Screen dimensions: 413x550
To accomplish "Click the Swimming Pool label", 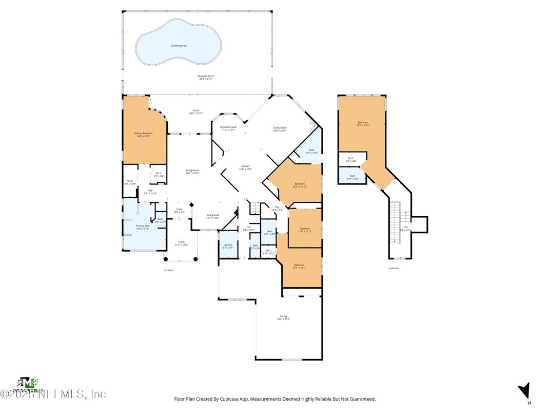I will click(x=179, y=46).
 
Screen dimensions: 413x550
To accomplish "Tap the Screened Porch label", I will click(x=205, y=77).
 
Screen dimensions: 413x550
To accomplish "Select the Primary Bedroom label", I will click(x=144, y=134).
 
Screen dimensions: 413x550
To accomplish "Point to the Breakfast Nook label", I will click(x=228, y=127).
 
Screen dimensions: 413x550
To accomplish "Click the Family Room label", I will click(x=280, y=128).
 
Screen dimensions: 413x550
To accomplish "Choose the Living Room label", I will click(x=192, y=172).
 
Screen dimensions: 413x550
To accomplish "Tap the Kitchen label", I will click(x=245, y=167).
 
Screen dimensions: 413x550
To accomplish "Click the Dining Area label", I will click(x=213, y=216).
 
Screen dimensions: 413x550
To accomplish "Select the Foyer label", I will click(x=180, y=210).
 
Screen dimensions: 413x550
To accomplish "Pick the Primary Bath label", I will click(x=143, y=227).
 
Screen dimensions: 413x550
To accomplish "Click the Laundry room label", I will click(x=228, y=246).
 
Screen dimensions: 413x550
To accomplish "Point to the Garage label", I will click(x=283, y=317).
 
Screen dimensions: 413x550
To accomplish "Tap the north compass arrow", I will click(x=524, y=390).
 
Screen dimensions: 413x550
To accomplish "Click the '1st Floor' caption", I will click(x=168, y=270).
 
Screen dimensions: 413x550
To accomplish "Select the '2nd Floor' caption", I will click(x=394, y=268).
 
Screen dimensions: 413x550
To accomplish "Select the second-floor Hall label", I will click(x=405, y=228).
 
